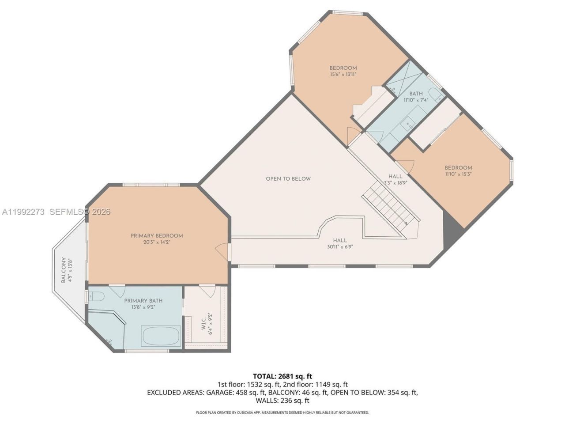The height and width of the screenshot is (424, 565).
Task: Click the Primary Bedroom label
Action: (156, 236)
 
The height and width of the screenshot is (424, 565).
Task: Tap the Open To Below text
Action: (288, 179)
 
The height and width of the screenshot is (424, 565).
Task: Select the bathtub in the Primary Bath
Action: (161, 337)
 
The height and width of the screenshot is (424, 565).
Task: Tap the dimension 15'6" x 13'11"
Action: (343, 75)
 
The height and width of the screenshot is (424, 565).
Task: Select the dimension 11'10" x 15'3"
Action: (458, 174)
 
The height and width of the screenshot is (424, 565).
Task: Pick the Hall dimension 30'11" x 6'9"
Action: (340, 247)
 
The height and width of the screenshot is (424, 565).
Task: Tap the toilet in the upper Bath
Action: (436, 95)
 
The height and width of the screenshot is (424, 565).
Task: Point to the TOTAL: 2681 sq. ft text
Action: (282, 376)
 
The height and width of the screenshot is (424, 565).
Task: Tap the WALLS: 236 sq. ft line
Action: (282, 401)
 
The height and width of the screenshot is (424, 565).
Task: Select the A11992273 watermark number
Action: (23, 212)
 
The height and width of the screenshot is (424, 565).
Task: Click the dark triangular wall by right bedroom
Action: (451, 225)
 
